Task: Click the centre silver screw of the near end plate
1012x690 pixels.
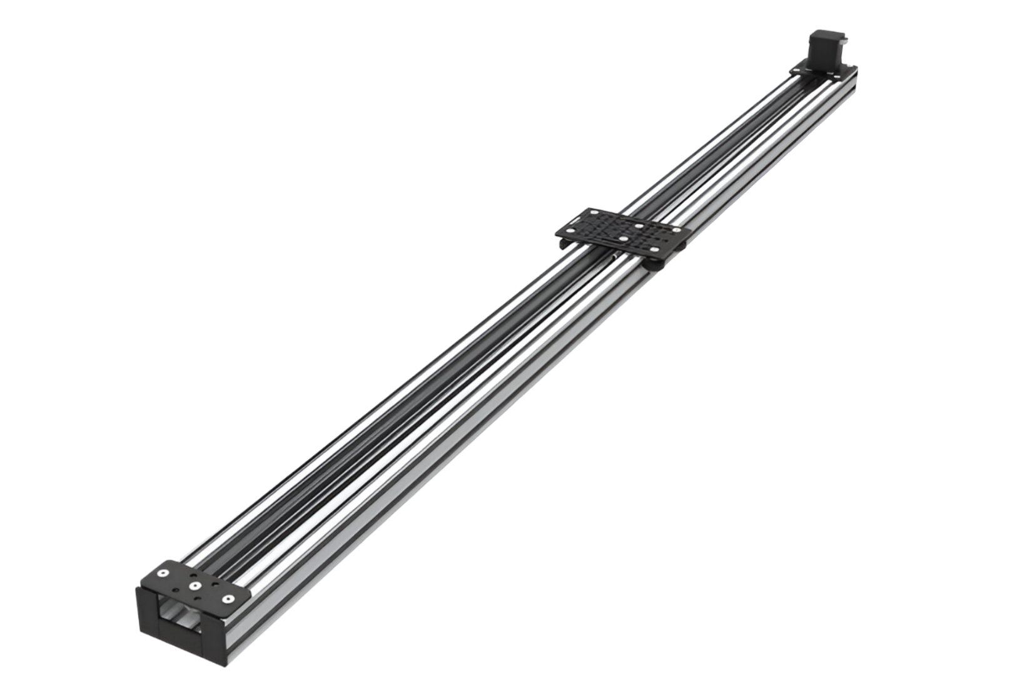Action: [195, 586]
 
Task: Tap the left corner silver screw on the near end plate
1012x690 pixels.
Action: [163, 573]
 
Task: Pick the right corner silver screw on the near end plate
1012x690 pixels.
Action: [228, 599]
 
